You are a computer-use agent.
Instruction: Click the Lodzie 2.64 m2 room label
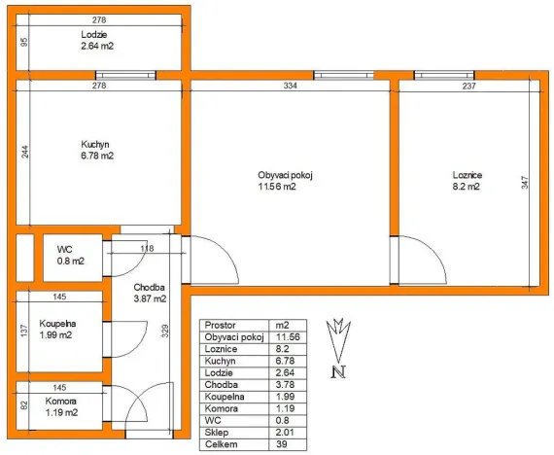(97, 40)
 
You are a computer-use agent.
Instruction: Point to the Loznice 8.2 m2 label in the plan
(467, 181)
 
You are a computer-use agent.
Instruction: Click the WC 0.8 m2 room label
(71, 256)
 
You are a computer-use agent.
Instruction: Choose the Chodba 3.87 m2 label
(150, 293)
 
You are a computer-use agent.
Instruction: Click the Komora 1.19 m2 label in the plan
(61, 407)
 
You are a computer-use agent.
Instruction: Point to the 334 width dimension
(290, 86)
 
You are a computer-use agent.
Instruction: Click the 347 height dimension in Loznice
(525, 183)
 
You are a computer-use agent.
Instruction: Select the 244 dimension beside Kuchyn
(25, 152)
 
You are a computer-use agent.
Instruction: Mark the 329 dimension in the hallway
(165, 331)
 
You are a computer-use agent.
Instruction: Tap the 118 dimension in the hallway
(147, 249)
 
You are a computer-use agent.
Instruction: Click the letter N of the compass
(338, 372)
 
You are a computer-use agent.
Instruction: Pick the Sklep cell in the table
(217, 433)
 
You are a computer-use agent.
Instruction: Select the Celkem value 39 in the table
(282, 444)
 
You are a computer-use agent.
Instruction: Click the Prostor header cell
(220, 326)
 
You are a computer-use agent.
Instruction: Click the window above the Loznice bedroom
(444, 75)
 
